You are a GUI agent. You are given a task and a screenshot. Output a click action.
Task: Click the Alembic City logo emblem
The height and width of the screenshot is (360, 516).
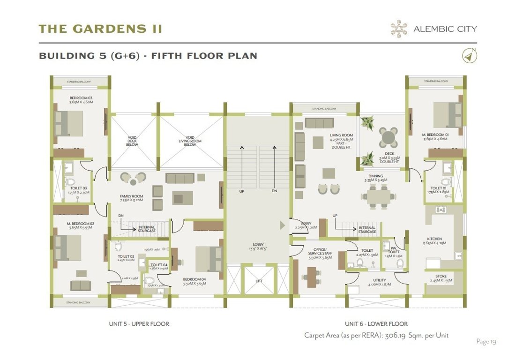399,29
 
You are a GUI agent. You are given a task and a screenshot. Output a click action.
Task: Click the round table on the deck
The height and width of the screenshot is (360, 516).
388,137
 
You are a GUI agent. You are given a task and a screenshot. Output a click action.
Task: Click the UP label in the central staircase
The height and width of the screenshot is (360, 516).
242,191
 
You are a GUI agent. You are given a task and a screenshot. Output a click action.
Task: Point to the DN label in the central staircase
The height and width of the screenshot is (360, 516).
274,191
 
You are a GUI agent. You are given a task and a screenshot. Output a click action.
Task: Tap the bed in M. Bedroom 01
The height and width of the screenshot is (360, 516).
445,115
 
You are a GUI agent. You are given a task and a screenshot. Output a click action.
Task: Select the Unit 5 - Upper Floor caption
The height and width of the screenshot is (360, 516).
139,324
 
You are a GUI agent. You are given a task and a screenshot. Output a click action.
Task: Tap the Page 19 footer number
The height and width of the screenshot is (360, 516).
486,342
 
